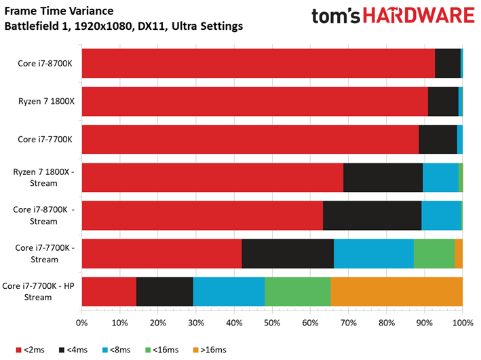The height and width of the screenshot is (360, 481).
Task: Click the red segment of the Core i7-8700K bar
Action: coord(258,63)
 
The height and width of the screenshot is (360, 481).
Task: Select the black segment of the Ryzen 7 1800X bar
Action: coord(443,102)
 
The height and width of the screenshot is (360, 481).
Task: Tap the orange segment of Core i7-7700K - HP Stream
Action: coord(397,292)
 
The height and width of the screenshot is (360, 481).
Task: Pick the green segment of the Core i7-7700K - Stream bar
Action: coord(434,254)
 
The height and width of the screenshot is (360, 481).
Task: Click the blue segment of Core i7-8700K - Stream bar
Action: coord(441,216)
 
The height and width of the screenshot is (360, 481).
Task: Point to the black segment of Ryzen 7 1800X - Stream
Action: coord(383,178)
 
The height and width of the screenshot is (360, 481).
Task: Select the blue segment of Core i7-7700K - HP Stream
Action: coord(229,292)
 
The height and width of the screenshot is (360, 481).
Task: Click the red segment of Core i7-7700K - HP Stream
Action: coord(109,292)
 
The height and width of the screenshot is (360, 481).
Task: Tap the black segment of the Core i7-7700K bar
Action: coord(438,140)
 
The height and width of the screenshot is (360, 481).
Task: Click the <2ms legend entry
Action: coord(30,350)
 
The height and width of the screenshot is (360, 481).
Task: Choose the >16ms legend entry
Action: coord(210,350)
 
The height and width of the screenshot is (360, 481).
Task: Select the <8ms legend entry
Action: coord(116,350)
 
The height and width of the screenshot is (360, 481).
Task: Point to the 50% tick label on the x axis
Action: coord(272,323)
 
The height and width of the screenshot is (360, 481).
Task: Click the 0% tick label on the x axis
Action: coord(81,323)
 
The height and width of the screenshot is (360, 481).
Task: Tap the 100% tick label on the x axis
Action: coord(463,323)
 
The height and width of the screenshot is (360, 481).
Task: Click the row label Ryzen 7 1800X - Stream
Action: coord(43,178)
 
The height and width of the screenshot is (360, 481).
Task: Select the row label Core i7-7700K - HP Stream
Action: coord(38,292)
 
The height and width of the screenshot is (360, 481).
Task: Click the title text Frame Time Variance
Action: coord(59,11)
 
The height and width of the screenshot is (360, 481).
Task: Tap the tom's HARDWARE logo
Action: coord(393,16)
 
